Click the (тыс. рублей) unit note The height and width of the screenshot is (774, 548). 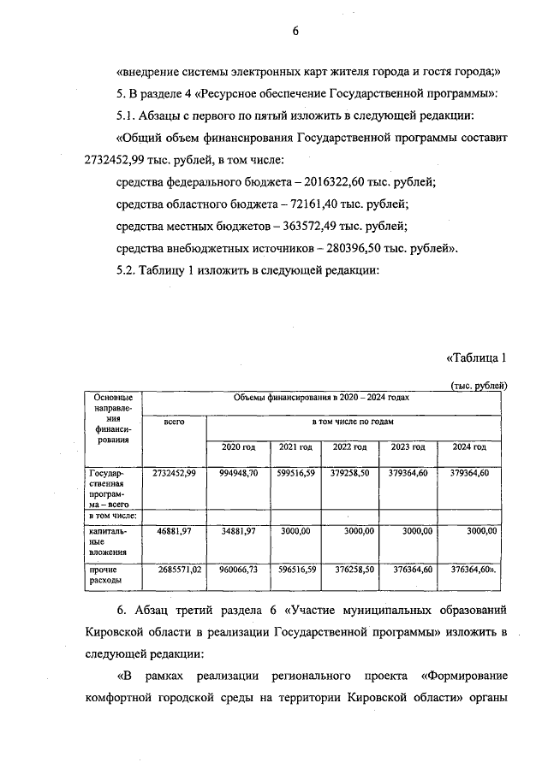click(x=479, y=386)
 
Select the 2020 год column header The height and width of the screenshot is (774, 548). click(x=239, y=447)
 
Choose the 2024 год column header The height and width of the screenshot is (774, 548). click(x=469, y=447)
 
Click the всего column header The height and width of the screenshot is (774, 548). click(x=174, y=422)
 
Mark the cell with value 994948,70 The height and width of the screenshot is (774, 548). click(x=239, y=473)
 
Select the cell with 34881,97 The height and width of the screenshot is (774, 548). click(x=239, y=531)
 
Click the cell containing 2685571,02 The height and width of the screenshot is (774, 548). click(x=175, y=568)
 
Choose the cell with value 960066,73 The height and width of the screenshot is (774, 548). click(x=239, y=568)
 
